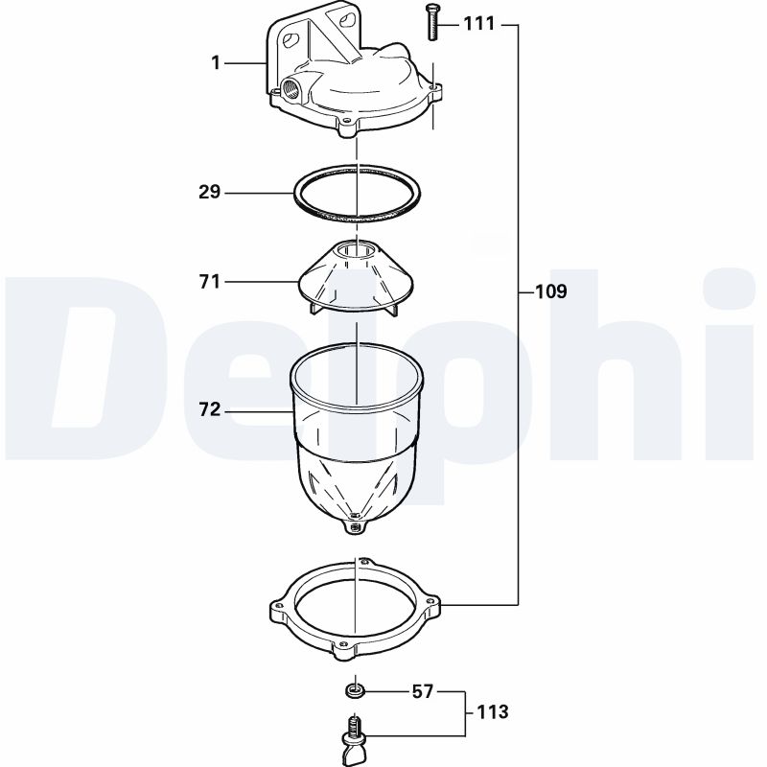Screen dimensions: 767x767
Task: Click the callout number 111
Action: pyautogui.click(x=479, y=24)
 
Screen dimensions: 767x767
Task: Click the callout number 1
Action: pyautogui.click(x=216, y=63)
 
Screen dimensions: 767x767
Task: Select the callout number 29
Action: pyautogui.click(x=210, y=192)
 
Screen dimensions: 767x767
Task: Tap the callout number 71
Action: pyautogui.click(x=210, y=282)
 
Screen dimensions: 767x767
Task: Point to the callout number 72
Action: pyautogui.click(x=210, y=410)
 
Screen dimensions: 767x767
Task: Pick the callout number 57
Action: pyautogui.click(x=423, y=690)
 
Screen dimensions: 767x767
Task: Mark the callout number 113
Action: pyautogui.click(x=492, y=712)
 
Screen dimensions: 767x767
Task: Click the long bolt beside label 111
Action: pyautogui.click(x=431, y=22)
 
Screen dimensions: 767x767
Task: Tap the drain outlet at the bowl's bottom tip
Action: pyautogui.click(x=356, y=523)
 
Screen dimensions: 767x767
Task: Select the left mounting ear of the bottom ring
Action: pyautogui.click(x=276, y=608)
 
